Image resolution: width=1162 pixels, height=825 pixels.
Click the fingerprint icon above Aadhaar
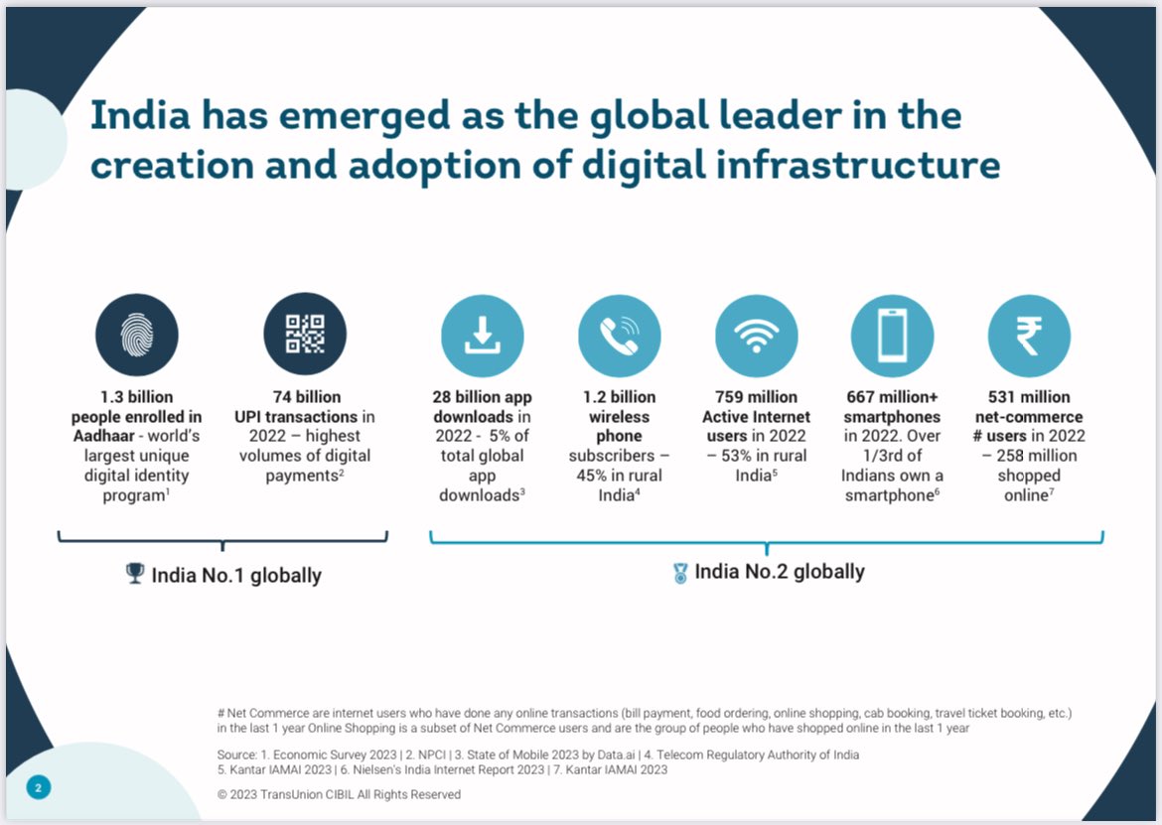137,335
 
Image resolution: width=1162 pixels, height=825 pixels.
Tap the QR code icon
305,335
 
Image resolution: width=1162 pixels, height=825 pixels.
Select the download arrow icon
482,336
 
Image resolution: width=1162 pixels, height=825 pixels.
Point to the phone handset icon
619,336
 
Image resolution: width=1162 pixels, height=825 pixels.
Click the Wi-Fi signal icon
756,336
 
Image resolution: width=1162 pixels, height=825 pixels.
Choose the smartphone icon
892,336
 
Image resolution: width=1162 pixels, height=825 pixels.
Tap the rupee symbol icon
1029,336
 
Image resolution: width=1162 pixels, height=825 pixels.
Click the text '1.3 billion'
137,397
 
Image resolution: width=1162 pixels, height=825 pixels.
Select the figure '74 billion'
306,397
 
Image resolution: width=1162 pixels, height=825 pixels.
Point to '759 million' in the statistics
756,397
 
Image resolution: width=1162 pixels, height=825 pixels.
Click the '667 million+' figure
893,397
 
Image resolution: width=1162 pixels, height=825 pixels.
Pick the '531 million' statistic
1029,397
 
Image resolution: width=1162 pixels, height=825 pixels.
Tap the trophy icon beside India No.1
136,574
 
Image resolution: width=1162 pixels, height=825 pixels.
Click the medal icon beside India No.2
680,573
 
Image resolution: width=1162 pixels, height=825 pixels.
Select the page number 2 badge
38,787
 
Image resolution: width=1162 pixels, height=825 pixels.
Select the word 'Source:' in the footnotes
236,755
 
